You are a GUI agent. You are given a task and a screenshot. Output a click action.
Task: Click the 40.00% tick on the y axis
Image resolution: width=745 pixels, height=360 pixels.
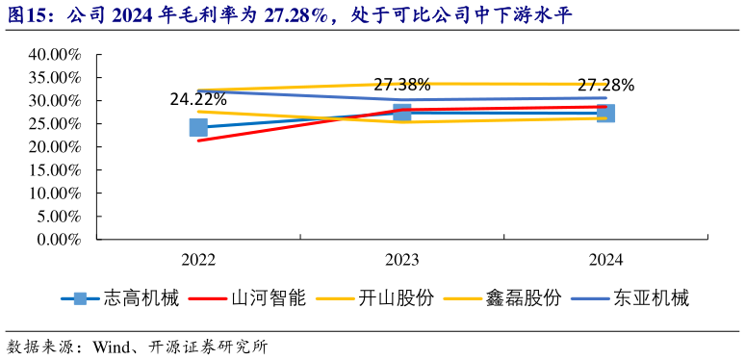pos(54,55)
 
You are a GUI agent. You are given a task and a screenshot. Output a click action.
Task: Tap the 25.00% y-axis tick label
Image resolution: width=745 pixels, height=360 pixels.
pos(54,124)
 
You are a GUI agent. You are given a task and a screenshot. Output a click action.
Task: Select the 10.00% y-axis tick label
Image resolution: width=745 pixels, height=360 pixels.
pos(54,193)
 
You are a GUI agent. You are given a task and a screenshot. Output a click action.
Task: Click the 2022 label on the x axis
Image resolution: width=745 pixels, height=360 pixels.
pos(198,260)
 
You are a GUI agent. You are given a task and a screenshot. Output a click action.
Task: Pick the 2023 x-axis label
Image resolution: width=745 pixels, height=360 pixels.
pos(402,260)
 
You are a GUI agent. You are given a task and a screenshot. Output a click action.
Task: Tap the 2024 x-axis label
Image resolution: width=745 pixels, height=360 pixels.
pos(606,260)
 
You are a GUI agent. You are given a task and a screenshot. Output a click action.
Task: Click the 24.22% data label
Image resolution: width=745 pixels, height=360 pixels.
pos(198,98)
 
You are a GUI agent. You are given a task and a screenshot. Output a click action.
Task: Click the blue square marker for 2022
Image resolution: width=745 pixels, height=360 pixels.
pos(198,127)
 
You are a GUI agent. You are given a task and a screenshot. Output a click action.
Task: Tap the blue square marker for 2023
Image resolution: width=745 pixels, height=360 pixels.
pos(402,113)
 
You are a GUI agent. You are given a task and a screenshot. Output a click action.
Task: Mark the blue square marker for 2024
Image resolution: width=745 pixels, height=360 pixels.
pos(606,114)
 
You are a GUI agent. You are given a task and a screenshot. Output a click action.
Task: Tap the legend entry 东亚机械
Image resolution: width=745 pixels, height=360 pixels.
pos(652,298)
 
